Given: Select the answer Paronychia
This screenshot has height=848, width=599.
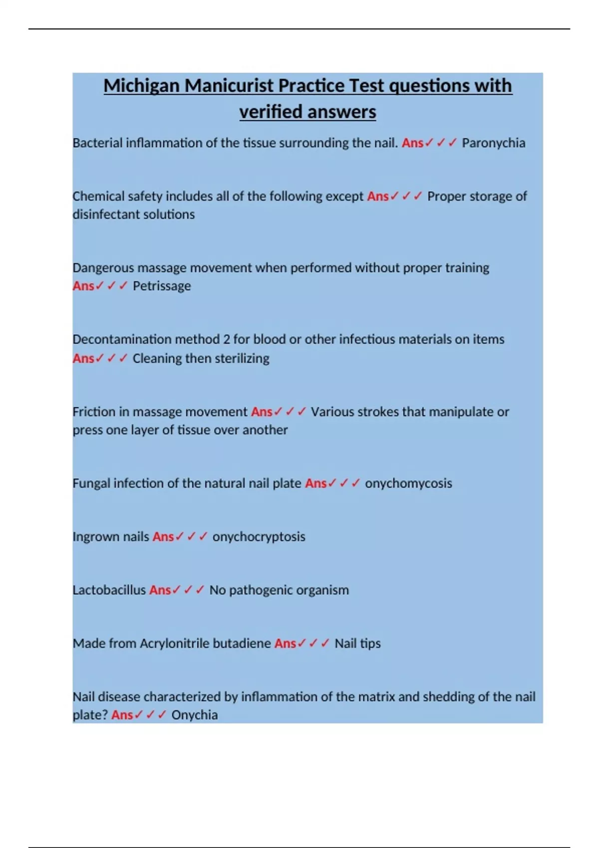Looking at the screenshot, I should coord(493,143).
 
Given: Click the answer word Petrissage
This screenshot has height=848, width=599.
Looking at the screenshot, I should coord(162,286).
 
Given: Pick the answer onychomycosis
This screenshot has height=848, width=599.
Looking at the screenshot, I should coord(408,483).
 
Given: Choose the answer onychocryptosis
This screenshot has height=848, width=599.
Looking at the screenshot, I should coord(259,537).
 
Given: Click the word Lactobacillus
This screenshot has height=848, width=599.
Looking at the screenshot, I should coord(109,590).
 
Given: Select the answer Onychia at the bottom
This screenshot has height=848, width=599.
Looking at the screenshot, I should coord(194,715).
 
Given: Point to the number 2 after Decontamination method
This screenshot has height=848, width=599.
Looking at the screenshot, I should coord(227,340).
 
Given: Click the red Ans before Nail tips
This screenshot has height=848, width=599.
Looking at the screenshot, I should coord(285,643).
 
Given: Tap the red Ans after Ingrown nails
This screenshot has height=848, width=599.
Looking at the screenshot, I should coord(163,537).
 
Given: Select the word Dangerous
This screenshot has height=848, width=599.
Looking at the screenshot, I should coord(103,268).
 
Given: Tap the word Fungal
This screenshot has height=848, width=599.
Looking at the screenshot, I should coord(91,483).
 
